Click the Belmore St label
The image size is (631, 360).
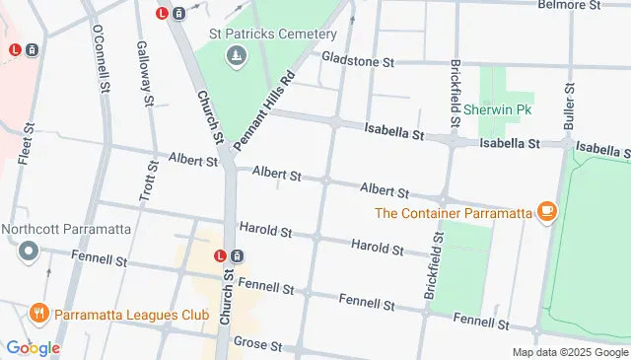(569, 5)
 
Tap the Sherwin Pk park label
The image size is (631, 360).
(498, 109)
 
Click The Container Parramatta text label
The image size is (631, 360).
(454, 211)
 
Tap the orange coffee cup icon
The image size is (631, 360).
(545, 210)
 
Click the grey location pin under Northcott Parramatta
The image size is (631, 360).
(29, 252)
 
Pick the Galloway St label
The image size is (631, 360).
(146, 74)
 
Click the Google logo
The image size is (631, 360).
(33, 347)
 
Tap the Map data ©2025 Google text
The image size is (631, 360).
(570, 352)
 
